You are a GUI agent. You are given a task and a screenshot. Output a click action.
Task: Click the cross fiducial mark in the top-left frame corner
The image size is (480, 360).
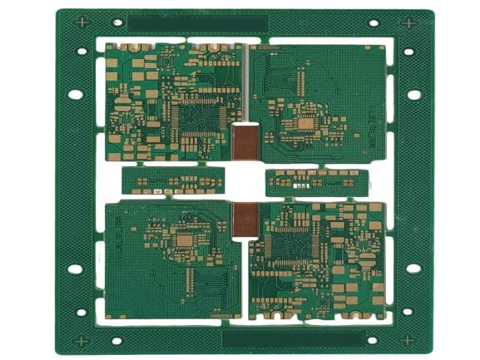(x=82, y=23)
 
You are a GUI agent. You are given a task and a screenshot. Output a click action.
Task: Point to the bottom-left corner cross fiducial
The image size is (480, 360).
(x=82, y=340)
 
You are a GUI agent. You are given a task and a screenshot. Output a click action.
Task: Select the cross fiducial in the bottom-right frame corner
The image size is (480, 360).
(x=407, y=340)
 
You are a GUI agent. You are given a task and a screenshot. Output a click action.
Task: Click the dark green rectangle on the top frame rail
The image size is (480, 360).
(x=197, y=24)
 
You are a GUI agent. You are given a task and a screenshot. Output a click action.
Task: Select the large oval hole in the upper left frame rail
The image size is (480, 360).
(x=76, y=94)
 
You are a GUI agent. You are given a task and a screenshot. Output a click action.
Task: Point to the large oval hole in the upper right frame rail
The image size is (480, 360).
(x=414, y=94)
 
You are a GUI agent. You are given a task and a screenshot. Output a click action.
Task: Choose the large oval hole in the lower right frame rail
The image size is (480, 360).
(x=414, y=268)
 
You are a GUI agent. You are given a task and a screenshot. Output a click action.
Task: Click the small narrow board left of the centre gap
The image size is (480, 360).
(x=173, y=180)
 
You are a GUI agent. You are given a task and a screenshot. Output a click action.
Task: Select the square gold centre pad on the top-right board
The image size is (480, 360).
(x=304, y=123)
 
